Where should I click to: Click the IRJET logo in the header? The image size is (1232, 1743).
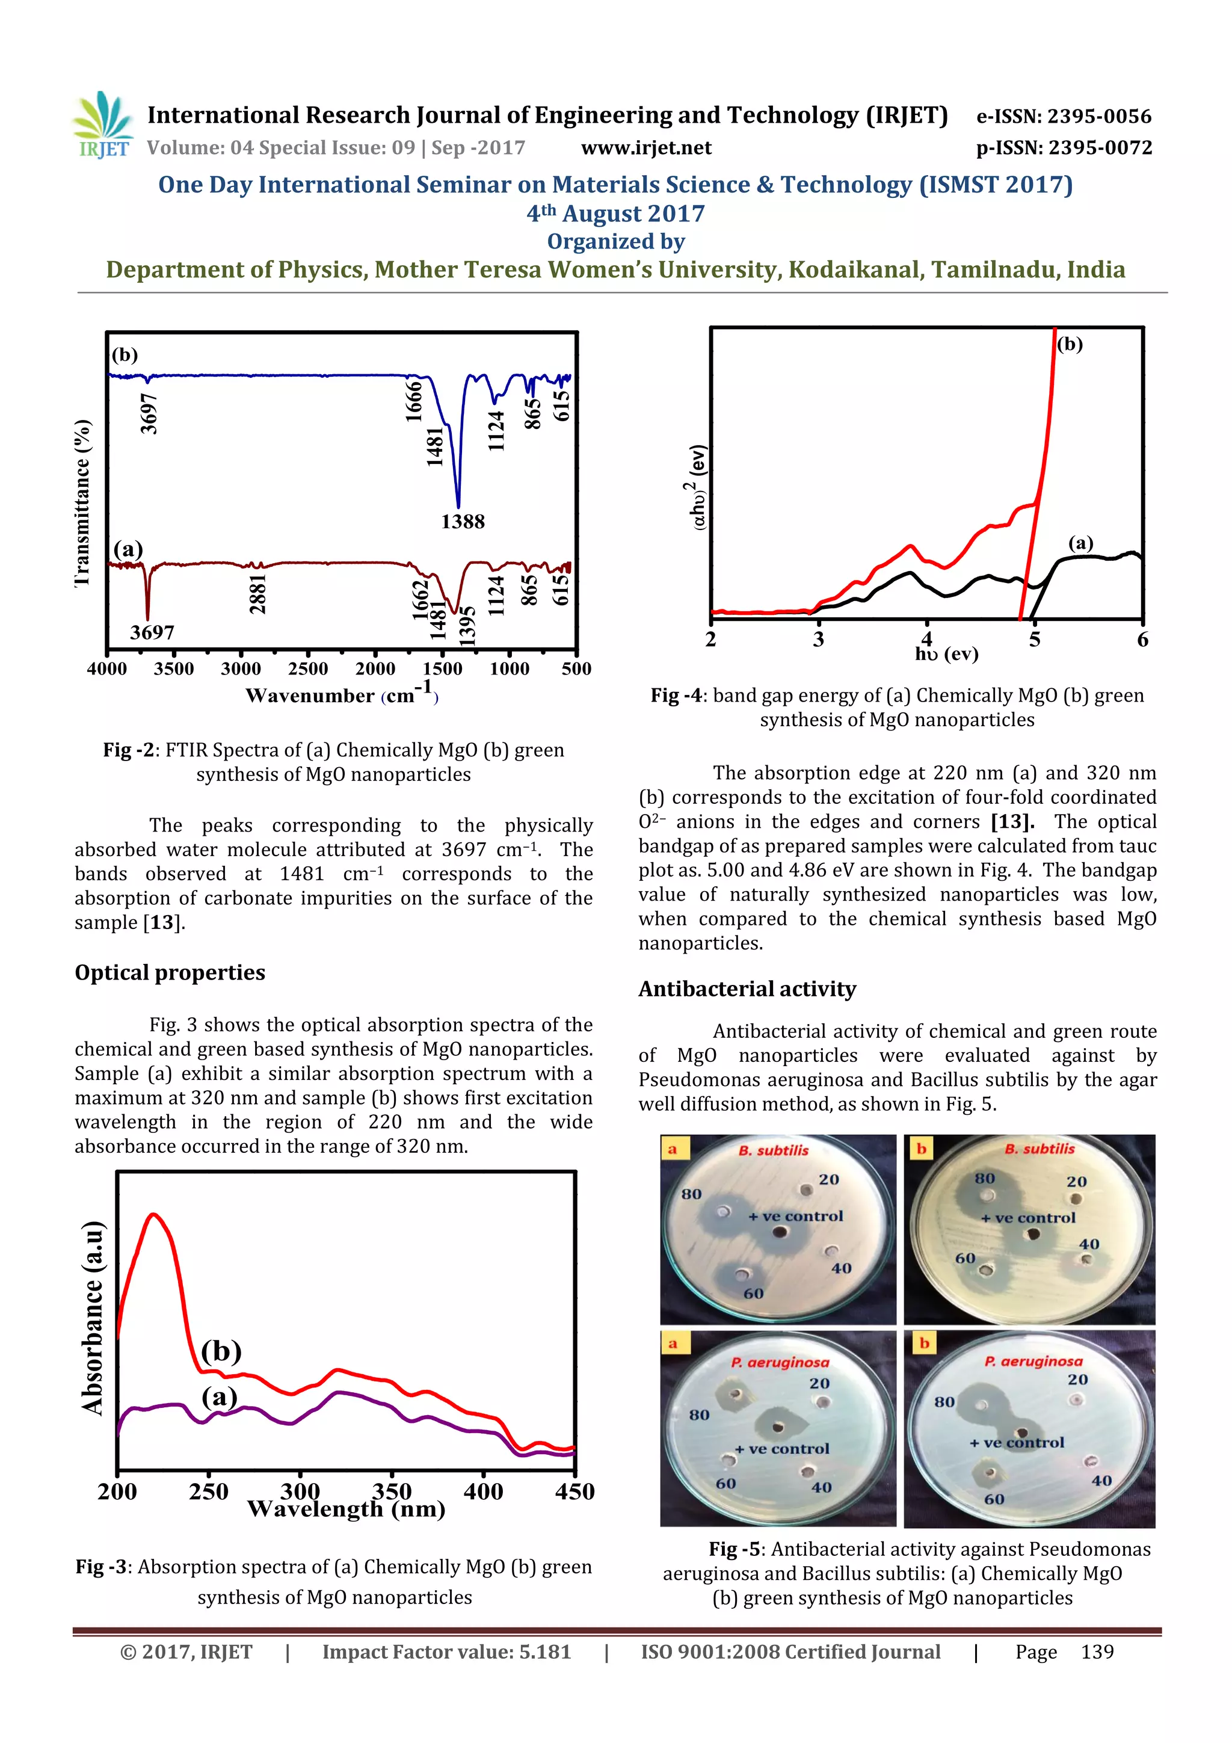[x=104, y=125]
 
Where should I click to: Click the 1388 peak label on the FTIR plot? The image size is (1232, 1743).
[x=462, y=522]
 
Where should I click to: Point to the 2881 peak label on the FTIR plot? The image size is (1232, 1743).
[x=258, y=594]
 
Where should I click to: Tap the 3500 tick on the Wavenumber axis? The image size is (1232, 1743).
[x=174, y=669]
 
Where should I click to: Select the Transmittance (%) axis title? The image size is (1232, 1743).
[x=83, y=502]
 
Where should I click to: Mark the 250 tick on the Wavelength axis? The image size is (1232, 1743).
[x=209, y=1492]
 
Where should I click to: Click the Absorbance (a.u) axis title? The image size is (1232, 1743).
[x=93, y=1318]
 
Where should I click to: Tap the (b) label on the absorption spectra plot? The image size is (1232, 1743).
[x=221, y=1351]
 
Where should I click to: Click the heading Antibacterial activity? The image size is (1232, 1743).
[x=747, y=989]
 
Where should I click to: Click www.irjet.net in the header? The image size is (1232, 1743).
[x=646, y=147]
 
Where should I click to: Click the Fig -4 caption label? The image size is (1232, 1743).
[x=676, y=696]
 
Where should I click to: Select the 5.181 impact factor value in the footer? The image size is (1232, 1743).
[x=544, y=1652]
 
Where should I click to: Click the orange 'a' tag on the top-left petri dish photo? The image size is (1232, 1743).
[x=672, y=1149]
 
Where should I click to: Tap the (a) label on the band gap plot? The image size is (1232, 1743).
[x=1081, y=543]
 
